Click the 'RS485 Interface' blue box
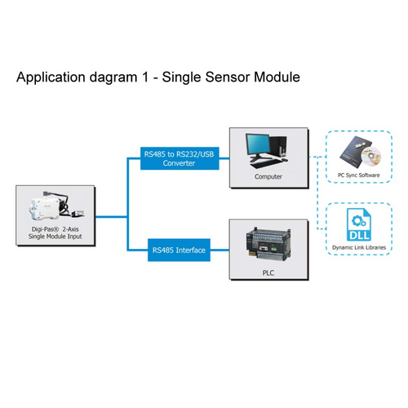180,249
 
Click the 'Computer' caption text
268,176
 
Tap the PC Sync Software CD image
357,152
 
